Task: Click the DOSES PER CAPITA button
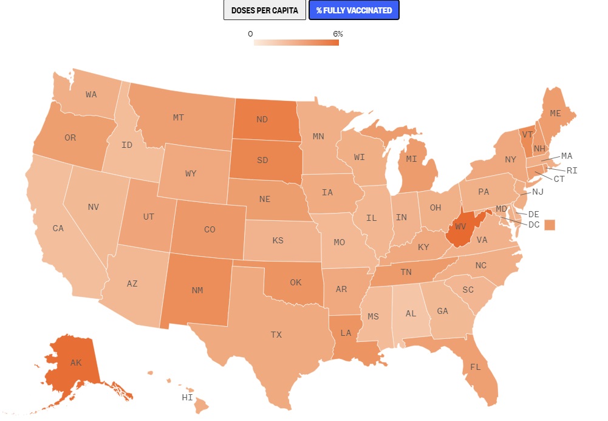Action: click(264, 10)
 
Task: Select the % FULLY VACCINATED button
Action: click(354, 10)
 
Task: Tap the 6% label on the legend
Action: click(338, 34)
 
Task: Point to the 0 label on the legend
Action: click(250, 34)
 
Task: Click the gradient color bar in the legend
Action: click(296, 43)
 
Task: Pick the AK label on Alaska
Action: click(75, 363)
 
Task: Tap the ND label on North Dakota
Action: click(262, 119)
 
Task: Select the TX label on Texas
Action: click(276, 334)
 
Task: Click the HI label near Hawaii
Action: click(187, 397)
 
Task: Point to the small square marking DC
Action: click(550, 224)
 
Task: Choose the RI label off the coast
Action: click(572, 170)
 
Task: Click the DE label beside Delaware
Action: click(534, 214)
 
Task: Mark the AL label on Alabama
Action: click(411, 314)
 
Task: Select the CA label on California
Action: click(58, 229)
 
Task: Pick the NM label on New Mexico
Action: click(197, 290)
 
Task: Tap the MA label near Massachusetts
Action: click(566, 156)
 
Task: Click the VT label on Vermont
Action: click(528, 135)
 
